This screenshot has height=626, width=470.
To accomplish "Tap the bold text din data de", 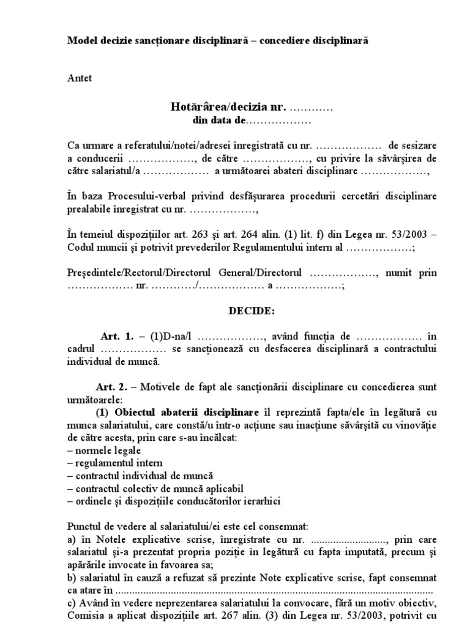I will click(218, 120).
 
